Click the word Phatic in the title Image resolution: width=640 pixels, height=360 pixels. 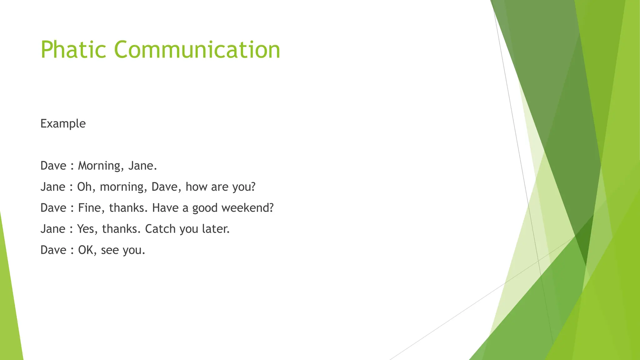(x=73, y=49)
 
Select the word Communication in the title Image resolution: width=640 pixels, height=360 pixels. (x=197, y=49)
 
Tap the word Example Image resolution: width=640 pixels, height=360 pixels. (x=63, y=124)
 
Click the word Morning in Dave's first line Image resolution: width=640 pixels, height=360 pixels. (x=99, y=166)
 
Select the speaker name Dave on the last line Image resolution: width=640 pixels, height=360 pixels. (x=53, y=250)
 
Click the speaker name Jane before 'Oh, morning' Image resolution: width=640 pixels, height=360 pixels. (x=53, y=187)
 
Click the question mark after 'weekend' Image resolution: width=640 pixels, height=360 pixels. (x=271, y=208)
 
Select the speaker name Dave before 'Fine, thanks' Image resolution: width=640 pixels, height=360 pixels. (x=53, y=208)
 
